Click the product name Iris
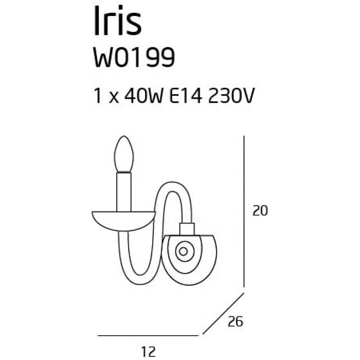click(118, 21)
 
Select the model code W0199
click(134, 58)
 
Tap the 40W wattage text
click(143, 96)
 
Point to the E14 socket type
click(186, 96)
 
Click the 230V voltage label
click(231, 96)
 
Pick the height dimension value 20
click(260, 210)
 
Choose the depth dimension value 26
click(236, 321)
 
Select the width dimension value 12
click(149, 351)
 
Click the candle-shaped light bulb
click(124, 154)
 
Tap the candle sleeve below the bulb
click(124, 192)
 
